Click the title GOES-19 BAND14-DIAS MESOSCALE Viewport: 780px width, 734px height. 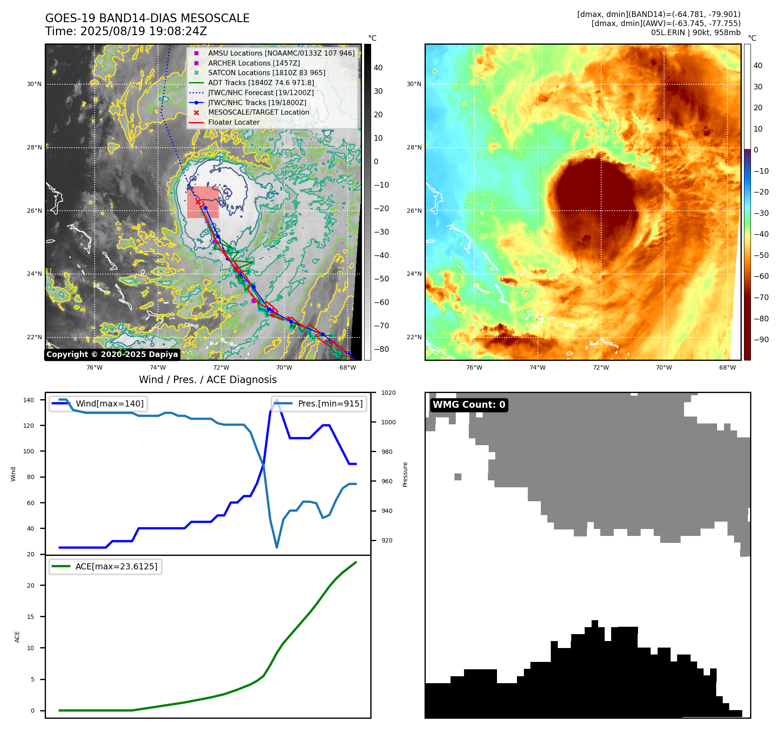147,18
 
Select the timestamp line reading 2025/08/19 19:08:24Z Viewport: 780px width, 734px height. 126,31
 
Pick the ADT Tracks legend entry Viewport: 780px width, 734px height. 261,83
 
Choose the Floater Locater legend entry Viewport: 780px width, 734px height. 234,122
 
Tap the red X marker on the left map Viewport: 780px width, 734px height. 198,202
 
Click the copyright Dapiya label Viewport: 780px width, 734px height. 112,354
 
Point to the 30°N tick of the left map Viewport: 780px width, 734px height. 34,84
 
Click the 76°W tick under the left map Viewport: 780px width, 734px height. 95,368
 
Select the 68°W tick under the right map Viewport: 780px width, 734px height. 727,368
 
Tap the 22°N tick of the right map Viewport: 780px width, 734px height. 414,337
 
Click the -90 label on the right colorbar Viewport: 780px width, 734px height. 761,340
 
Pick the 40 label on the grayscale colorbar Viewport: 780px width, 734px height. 378,68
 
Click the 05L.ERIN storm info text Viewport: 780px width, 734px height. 695,33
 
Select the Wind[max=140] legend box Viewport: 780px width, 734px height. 98,403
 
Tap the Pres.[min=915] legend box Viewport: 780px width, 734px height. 319,403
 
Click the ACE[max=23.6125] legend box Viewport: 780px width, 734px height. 105,566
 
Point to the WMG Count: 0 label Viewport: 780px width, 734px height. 469,405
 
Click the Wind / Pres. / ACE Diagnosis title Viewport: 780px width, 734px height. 207,380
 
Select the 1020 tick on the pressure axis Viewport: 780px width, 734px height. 388,393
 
